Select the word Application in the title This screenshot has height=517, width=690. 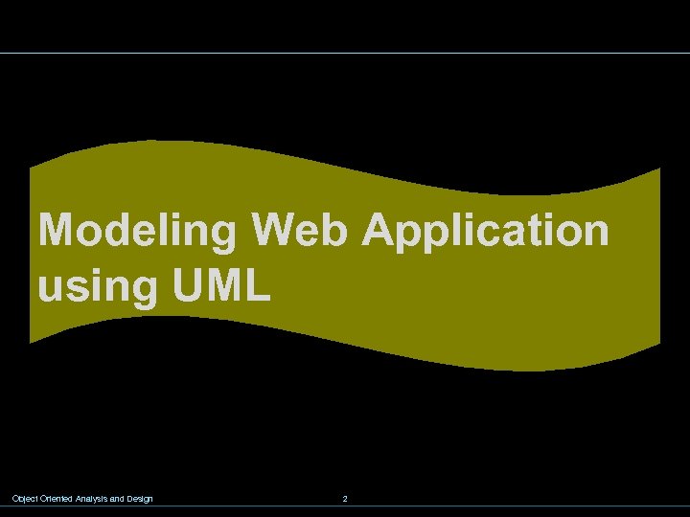pyautogui.click(x=485, y=232)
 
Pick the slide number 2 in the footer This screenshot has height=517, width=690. pyautogui.click(x=345, y=499)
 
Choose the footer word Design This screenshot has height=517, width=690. pyautogui.click(x=140, y=499)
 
